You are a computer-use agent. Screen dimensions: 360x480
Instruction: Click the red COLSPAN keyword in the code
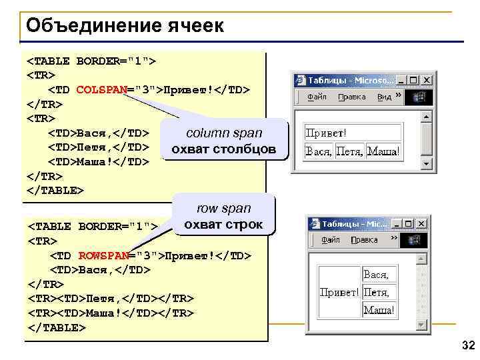point(101,89)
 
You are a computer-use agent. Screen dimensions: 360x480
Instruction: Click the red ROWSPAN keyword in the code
point(103,255)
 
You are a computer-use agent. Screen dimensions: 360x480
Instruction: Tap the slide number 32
point(468,345)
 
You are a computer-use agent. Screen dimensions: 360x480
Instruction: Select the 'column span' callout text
point(224,133)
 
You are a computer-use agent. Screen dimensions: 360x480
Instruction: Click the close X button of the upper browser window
point(426,80)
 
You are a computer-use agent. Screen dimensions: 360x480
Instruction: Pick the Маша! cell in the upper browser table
point(384,151)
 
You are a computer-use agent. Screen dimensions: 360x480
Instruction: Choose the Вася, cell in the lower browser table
point(376,274)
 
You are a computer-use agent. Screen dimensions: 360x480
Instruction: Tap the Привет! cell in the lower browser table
point(339,292)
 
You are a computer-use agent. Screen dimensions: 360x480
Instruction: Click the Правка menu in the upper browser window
point(351,97)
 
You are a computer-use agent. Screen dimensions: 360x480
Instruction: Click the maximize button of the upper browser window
point(413,80)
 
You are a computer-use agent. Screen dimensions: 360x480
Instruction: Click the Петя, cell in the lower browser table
point(376,292)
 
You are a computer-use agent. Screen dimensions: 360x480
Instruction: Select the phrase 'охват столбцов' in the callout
point(223,149)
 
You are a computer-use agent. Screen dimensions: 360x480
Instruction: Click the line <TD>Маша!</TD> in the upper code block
point(97,161)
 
